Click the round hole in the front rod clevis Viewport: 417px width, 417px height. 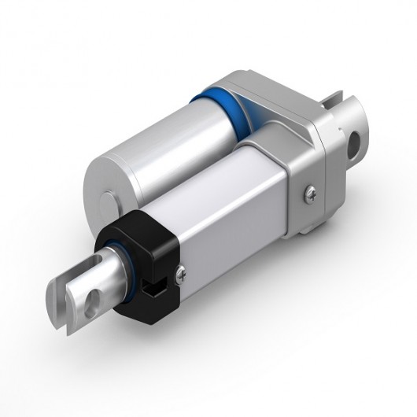[95, 298]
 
